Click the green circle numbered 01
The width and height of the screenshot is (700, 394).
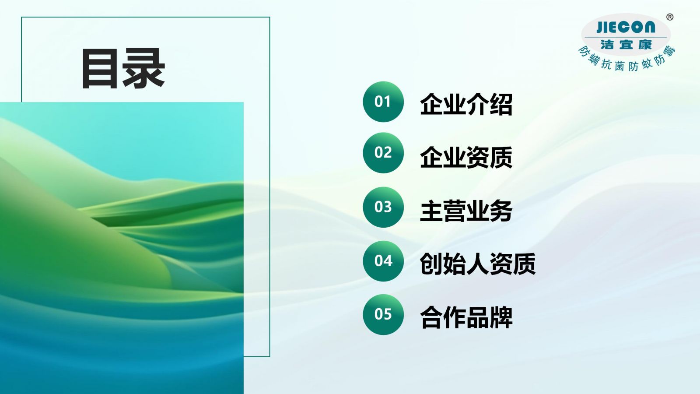coord(383,102)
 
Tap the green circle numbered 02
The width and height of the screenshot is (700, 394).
coord(383,153)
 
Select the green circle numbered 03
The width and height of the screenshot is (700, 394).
coord(383,207)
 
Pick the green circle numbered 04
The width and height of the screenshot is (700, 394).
coord(383,261)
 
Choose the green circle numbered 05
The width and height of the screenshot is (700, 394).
coord(383,314)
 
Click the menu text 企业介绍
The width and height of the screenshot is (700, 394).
coord(466,104)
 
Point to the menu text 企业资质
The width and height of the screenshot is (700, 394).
coord(466,157)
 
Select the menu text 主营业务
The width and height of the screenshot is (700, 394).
coord(466,211)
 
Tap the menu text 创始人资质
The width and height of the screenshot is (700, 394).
coord(478,264)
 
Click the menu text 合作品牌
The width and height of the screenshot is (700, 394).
coord(466,317)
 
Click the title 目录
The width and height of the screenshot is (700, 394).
coord(123,68)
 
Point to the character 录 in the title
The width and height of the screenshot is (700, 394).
coord(144,68)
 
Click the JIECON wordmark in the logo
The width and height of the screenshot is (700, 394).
coord(626,27)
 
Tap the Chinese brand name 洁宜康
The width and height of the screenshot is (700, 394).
coord(626,45)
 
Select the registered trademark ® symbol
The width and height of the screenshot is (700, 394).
coord(670,17)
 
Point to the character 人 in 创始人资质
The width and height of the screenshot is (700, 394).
coord(478,264)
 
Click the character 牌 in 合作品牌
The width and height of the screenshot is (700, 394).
coord(501,317)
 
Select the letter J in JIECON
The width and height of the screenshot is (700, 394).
coord(600,27)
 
